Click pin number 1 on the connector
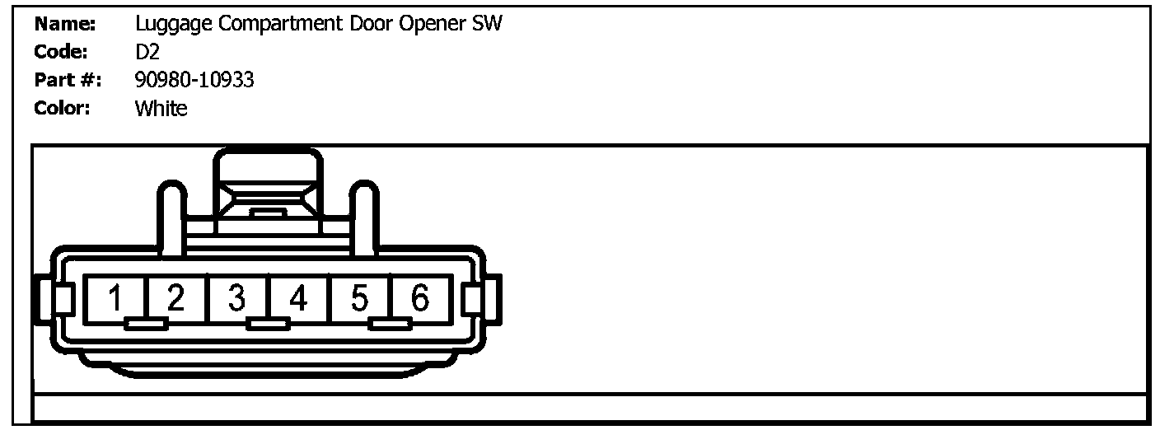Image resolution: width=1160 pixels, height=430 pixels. pyautogui.click(x=116, y=298)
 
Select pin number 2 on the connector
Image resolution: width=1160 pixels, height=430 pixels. pyautogui.click(x=175, y=298)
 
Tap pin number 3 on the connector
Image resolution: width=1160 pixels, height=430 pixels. pyautogui.click(x=237, y=298)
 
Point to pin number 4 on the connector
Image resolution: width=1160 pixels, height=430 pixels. pyautogui.click(x=298, y=298)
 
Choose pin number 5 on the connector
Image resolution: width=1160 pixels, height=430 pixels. pyautogui.click(x=359, y=298)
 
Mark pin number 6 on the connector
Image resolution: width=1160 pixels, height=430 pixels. pyautogui.click(x=420, y=298)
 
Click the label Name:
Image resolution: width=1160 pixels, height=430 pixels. pyautogui.click(x=65, y=24)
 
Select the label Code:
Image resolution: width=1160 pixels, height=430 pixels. pyautogui.click(x=61, y=52)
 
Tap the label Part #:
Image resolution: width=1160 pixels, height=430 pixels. pyautogui.click(x=68, y=80)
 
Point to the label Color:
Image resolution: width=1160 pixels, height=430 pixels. pyautogui.click(x=63, y=108)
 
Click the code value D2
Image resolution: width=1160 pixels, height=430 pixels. pyautogui.click(x=147, y=52)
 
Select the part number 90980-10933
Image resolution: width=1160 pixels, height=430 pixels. pyautogui.click(x=194, y=80)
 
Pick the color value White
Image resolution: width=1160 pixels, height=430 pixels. pyautogui.click(x=161, y=108)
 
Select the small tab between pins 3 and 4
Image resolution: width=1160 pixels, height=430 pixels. pyautogui.click(x=268, y=324)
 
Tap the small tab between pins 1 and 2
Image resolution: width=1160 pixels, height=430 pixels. pyautogui.click(x=146, y=324)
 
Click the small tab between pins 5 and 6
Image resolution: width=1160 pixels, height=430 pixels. pyautogui.click(x=390, y=324)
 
